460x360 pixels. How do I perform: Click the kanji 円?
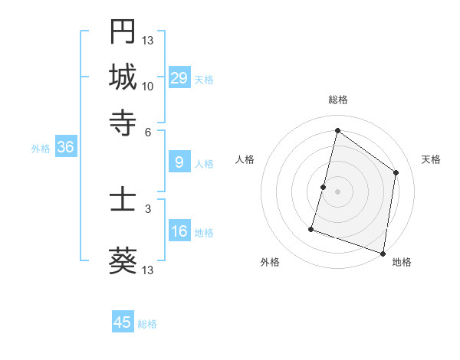point(123,31)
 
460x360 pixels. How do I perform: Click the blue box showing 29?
point(179,78)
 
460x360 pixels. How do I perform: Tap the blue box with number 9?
point(179,162)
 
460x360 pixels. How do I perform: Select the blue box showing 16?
point(179,231)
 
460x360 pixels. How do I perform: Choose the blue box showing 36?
point(65,148)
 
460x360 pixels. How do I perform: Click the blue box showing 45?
point(123,322)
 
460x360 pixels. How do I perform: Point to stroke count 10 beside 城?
point(148,86)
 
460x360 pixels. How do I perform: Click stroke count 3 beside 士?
point(148,208)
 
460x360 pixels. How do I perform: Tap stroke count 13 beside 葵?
point(148,270)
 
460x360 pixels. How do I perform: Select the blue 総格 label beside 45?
point(147,324)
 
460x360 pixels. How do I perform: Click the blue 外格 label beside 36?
point(41,149)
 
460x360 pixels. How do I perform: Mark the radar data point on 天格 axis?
point(396,172)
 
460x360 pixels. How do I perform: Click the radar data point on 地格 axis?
point(383,253)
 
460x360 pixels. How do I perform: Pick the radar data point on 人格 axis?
point(324,187)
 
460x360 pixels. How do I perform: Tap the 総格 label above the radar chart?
point(337,100)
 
